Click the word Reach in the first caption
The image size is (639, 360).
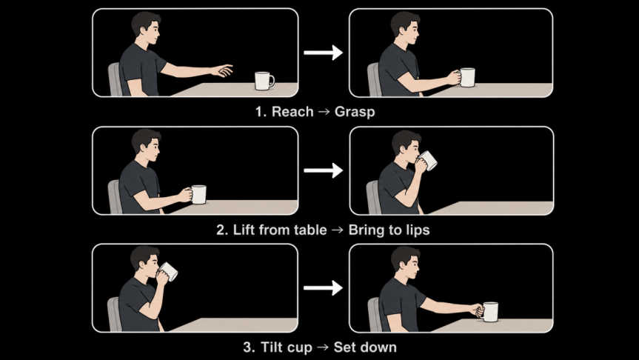tap(292, 112)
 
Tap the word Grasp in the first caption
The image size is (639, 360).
tap(355, 112)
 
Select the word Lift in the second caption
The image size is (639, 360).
tap(244, 230)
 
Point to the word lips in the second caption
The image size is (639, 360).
tap(418, 230)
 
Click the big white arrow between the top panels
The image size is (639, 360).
tap(323, 53)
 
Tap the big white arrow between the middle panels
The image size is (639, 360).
tap(323, 170)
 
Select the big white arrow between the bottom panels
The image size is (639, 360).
tap(323, 288)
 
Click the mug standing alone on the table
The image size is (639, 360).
tap(264, 81)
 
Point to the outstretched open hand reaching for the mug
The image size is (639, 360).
tap(223, 70)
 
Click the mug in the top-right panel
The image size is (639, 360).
tap(467, 77)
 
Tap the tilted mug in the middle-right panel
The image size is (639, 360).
tap(427, 160)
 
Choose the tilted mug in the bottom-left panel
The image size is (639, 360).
tap(168, 271)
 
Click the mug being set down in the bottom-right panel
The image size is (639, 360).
tap(489, 312)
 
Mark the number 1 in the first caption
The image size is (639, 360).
tap(260, 112)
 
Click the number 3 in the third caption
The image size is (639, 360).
tap(248, 347)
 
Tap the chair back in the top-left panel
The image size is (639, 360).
tap(115, 79)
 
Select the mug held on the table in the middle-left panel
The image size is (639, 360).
tap(198, 195)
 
